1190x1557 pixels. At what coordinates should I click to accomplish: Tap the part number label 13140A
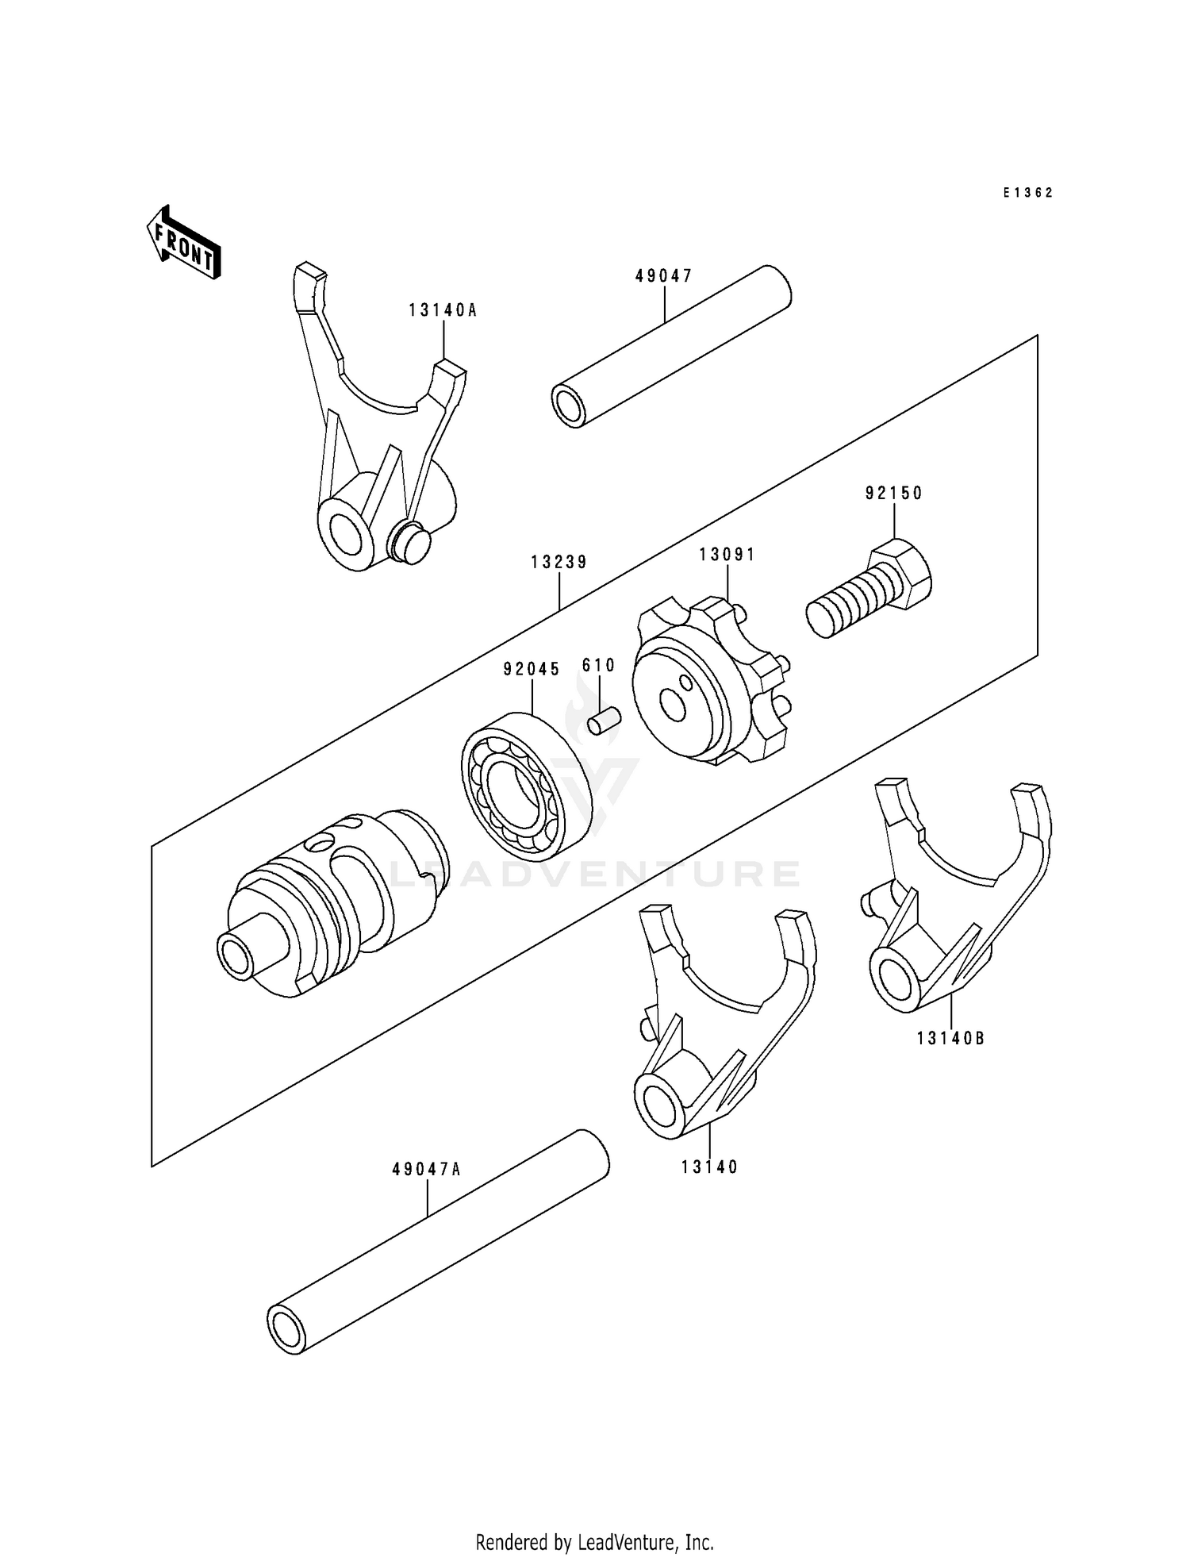point(443,311)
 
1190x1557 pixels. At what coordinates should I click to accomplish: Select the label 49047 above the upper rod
point(664,276)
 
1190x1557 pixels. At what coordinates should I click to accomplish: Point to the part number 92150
point(894,494)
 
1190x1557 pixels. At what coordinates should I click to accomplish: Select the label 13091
point(727,555)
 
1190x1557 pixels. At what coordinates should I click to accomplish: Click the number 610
point(598,666)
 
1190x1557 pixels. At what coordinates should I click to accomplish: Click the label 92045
point(532,669)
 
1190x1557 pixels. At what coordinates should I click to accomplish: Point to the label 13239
point(559,563)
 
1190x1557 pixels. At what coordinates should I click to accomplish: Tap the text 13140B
point(950,1038)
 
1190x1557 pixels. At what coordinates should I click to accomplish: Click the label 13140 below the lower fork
point(708,1167)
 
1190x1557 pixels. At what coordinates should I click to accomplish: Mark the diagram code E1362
point(1027,193)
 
